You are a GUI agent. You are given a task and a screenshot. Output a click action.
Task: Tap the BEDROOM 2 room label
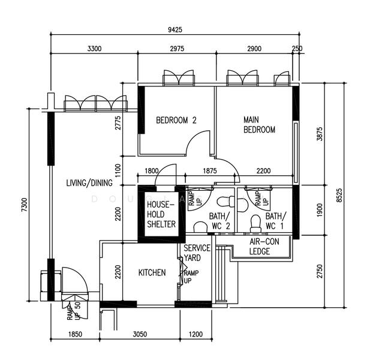pos(176,120)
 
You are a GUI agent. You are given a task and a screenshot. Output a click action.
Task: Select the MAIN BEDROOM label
pos(259,124)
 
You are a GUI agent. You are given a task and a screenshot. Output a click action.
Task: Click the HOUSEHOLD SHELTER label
pos(162,214)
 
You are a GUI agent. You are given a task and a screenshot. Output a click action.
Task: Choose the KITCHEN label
pos(152,272)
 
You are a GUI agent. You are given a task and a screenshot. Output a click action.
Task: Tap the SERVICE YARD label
pos(196,253)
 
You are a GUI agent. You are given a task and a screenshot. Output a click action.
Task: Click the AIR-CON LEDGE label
pos(260,246)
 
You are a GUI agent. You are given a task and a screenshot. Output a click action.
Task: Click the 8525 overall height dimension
pos(339,195)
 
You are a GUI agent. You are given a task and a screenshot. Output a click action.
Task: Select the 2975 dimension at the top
pos(177,49)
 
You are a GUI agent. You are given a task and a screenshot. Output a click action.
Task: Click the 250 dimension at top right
pos(297,49)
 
